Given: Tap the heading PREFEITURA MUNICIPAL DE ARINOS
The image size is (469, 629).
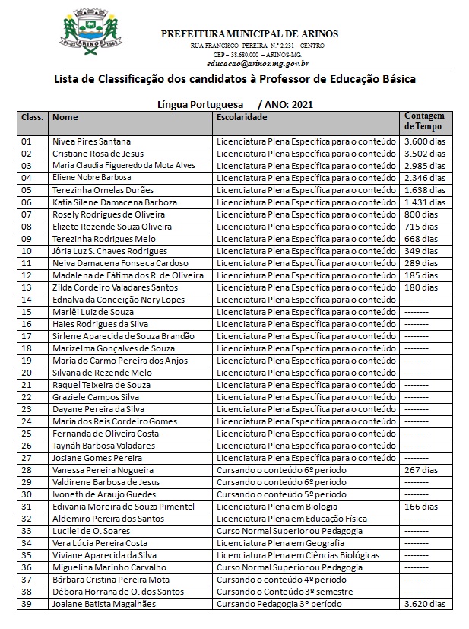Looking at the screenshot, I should (249, 33).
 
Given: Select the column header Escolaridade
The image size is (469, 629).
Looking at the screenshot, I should (242, 118).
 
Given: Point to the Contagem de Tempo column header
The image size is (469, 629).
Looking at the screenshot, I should (423, 121).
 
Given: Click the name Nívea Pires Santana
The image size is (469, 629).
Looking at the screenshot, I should (91, 141).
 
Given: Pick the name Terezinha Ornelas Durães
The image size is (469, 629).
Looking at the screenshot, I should (103, 190).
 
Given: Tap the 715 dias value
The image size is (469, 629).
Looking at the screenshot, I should (420, 227).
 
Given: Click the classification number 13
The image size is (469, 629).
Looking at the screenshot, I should (27, 287).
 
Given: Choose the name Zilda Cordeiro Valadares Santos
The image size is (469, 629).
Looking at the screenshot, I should (115, 287).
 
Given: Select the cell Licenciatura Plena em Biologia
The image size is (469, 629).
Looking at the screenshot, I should (280, 507).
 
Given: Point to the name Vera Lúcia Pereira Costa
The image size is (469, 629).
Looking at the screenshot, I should (100, 543).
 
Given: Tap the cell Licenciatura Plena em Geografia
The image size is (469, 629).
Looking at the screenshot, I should (280, 543).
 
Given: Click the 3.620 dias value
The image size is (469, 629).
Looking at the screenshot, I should (424, 604).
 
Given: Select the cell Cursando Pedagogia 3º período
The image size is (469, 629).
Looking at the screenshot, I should (279, 604).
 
